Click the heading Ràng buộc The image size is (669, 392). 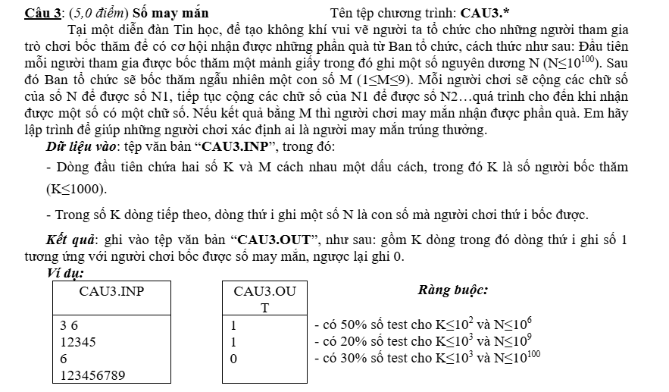point(452,290)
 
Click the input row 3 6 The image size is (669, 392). point(70,325)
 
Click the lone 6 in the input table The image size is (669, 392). point(64,358)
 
